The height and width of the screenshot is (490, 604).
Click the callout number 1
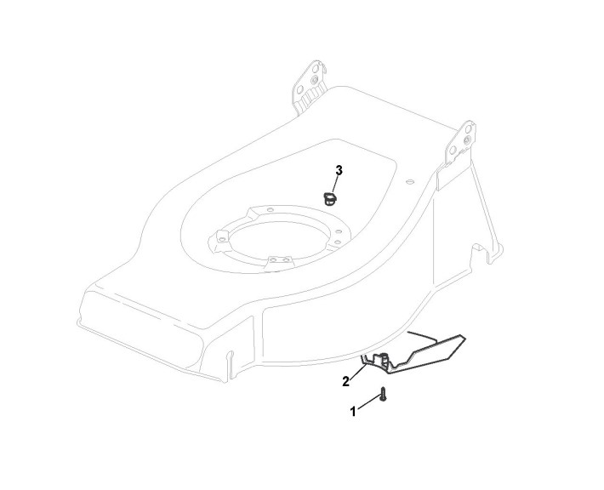353,411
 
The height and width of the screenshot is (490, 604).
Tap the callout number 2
346,381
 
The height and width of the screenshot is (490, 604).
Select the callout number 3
339,171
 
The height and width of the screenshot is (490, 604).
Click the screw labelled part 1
384,395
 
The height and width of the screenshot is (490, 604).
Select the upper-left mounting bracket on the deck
311,85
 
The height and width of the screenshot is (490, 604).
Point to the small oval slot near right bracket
410,180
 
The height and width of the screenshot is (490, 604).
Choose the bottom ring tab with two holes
276,263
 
